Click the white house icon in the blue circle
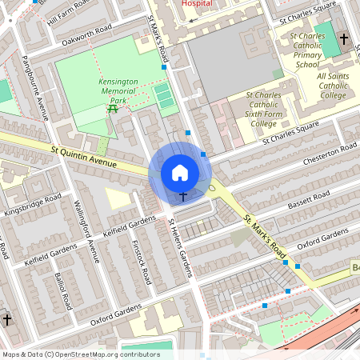click(x=180, y=172)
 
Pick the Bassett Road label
click(x=308, y=198)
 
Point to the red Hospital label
click(x=198, y=4)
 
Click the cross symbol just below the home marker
click(x=182, y=195)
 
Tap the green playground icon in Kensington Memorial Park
click(x=113, y=109)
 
